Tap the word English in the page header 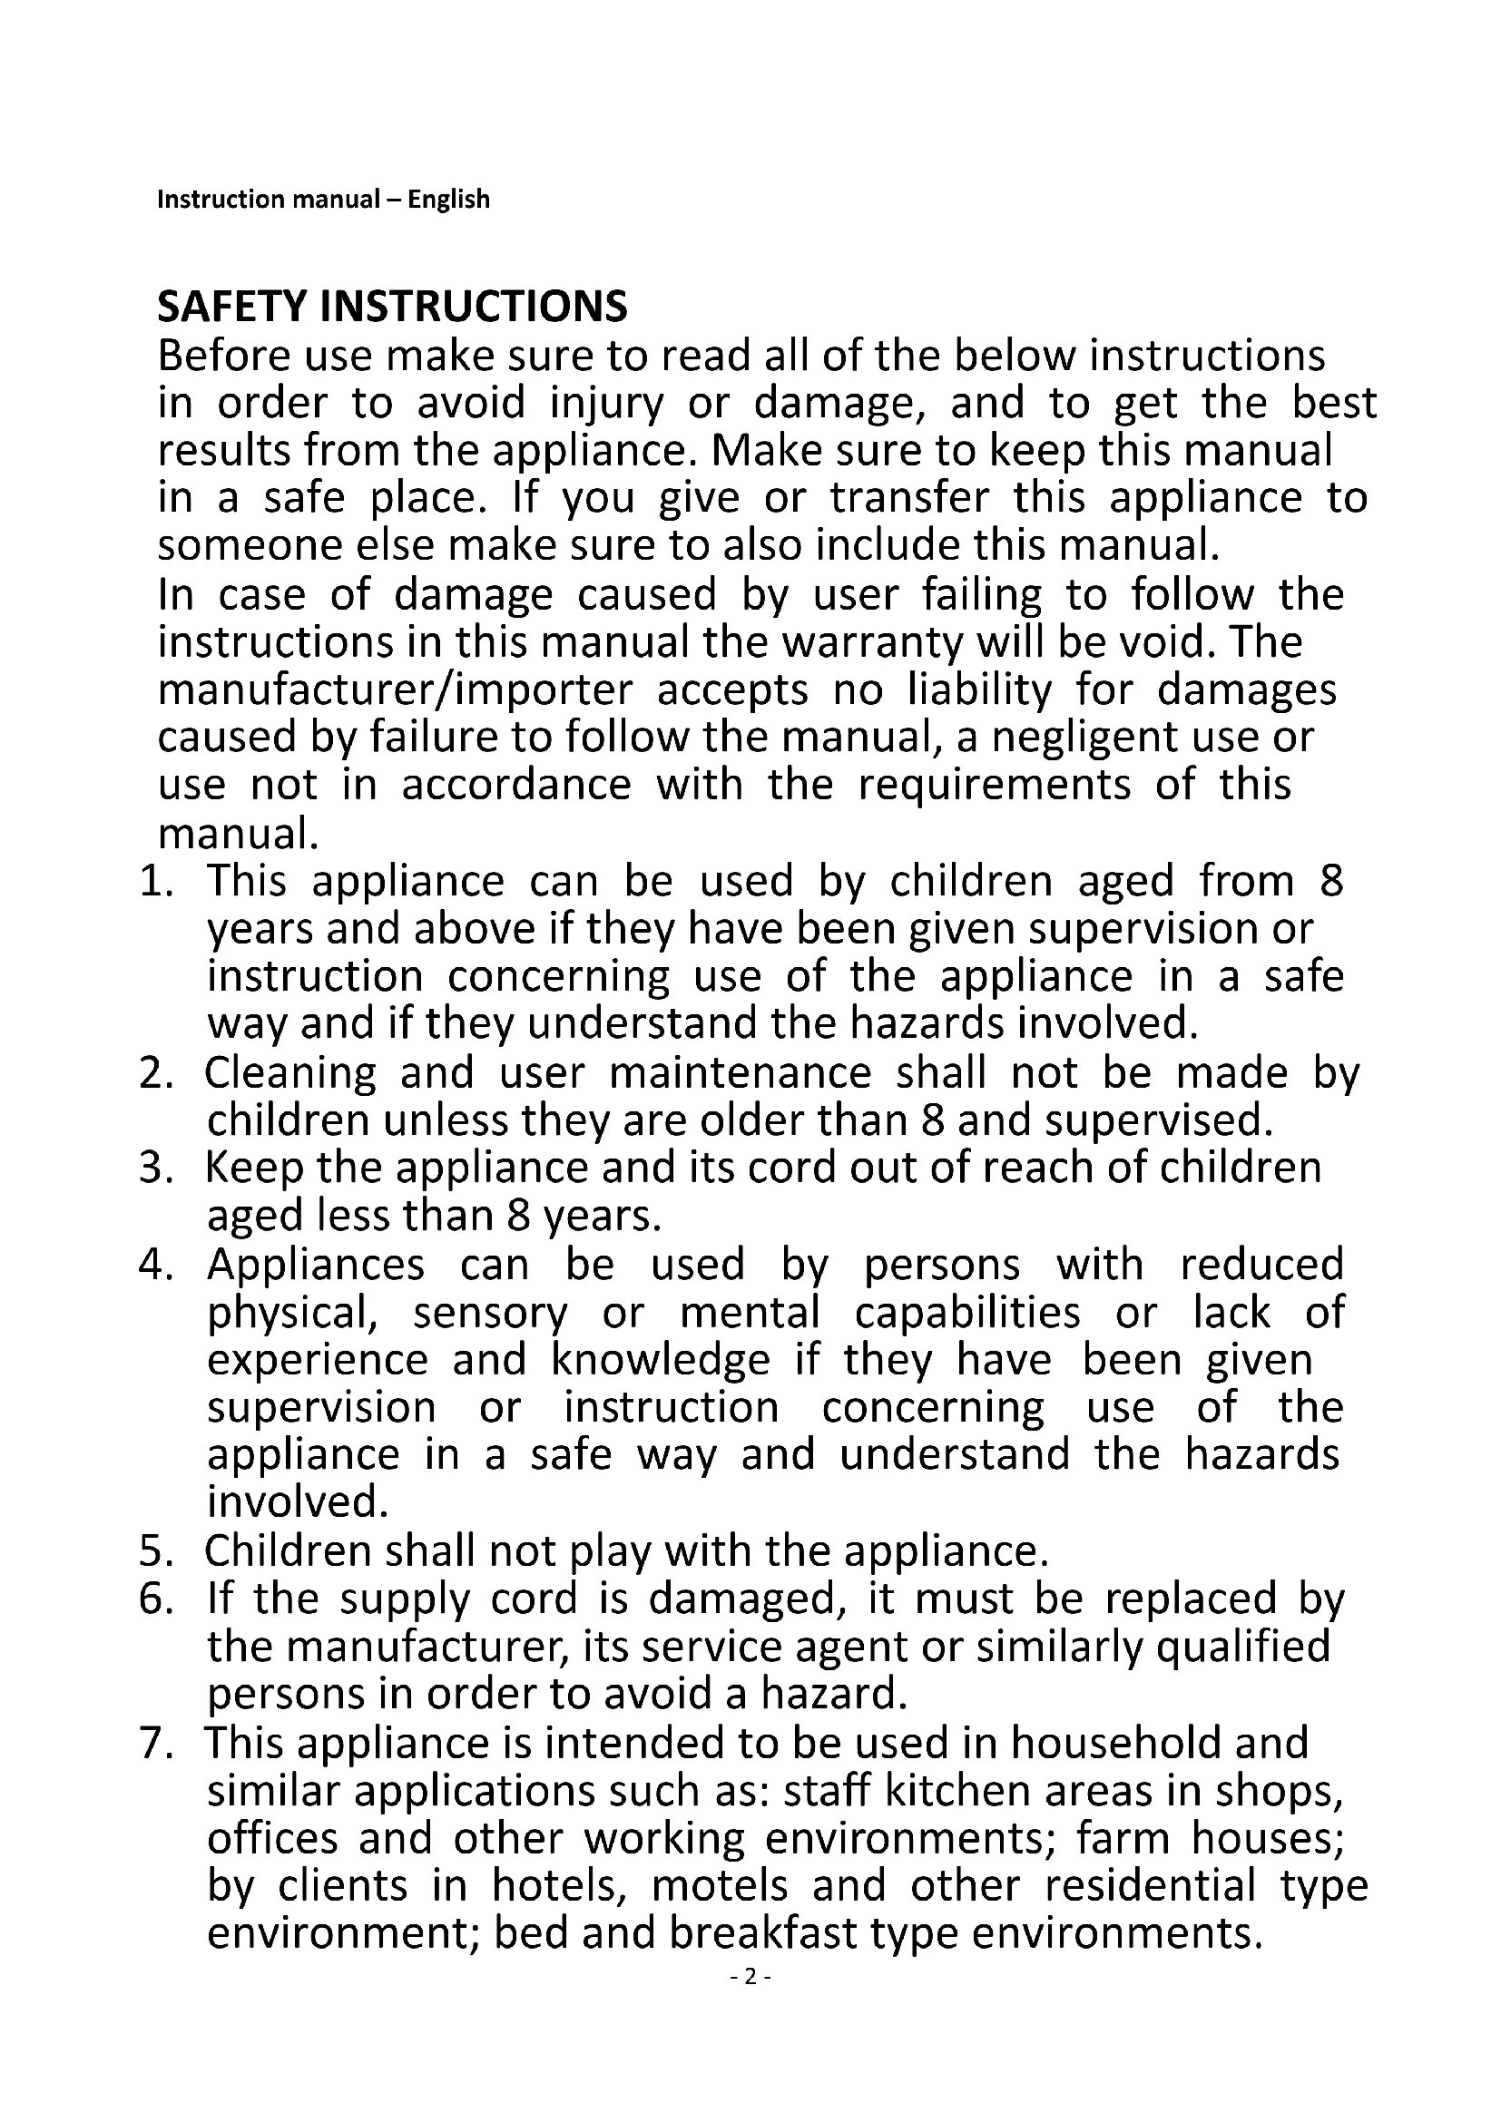[448, 200]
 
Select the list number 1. [155, 881]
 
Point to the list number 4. [155, 1265]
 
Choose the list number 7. [155, 1743]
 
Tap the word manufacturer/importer [396, 689]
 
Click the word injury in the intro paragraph [606, 403]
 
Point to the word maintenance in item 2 [741, 1073]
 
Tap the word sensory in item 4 [490, 1313]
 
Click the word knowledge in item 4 [660, 1361]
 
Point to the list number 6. [155, 1599]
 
